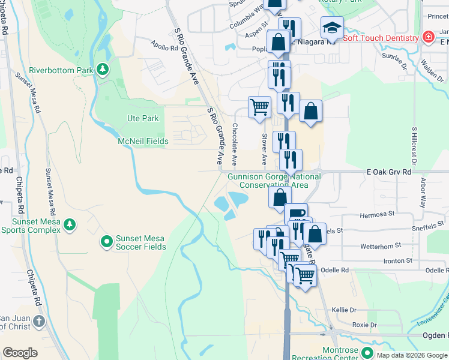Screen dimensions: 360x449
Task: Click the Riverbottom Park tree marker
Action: click(103, 70)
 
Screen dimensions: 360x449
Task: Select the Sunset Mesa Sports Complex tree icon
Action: click(70, 224)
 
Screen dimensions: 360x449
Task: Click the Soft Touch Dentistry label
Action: click(380, 38)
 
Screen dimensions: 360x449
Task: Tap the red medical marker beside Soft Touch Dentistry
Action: click(428, 37)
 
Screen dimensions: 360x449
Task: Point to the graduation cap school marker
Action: click(332, 28)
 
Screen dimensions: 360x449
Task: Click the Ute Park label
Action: click(143, 118)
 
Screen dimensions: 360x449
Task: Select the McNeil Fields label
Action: click(143, 141)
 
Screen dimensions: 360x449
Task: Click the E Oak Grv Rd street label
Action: click(390, 172)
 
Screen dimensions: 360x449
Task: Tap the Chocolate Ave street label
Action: click(235, 144)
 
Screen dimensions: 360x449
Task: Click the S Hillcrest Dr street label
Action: click(414, 145)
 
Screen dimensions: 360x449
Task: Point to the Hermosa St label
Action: click(377, 213)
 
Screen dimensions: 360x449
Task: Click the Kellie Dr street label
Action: click(344, 310)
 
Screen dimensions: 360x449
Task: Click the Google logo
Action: click(20, 353)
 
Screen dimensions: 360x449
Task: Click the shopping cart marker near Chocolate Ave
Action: click(259, 107)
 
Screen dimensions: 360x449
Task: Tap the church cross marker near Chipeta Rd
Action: click(40, 321)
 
